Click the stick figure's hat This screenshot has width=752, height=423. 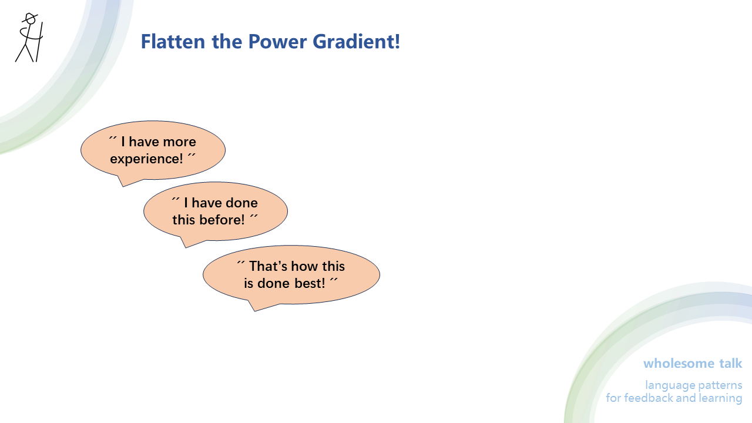point(29,18)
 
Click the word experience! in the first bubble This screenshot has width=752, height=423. point(146,159)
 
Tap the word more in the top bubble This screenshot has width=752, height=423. point(179,142)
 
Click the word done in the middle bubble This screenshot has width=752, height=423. point(241,203)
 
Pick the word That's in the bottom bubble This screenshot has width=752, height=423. point(267,266)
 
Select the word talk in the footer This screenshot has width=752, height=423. point(731,363)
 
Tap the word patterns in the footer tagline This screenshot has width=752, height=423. point(719,385)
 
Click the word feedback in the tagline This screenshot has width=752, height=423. point(648,398)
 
